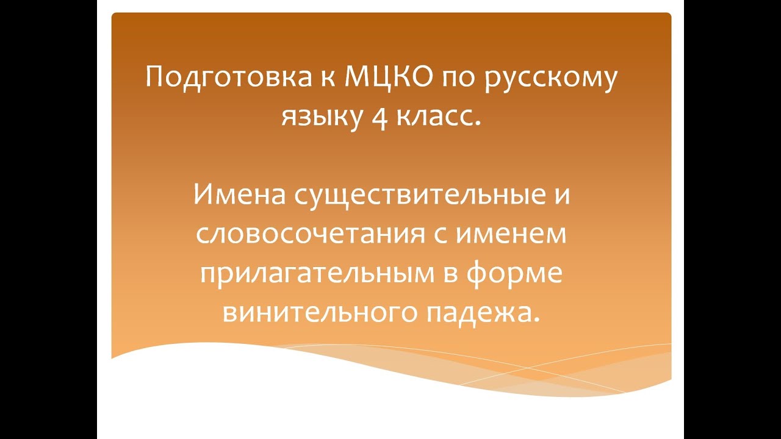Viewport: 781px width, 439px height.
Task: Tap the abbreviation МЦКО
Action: coord(372,79)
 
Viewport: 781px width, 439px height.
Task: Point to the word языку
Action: coord(317,116)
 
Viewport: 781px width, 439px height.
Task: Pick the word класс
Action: coord(437,115)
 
